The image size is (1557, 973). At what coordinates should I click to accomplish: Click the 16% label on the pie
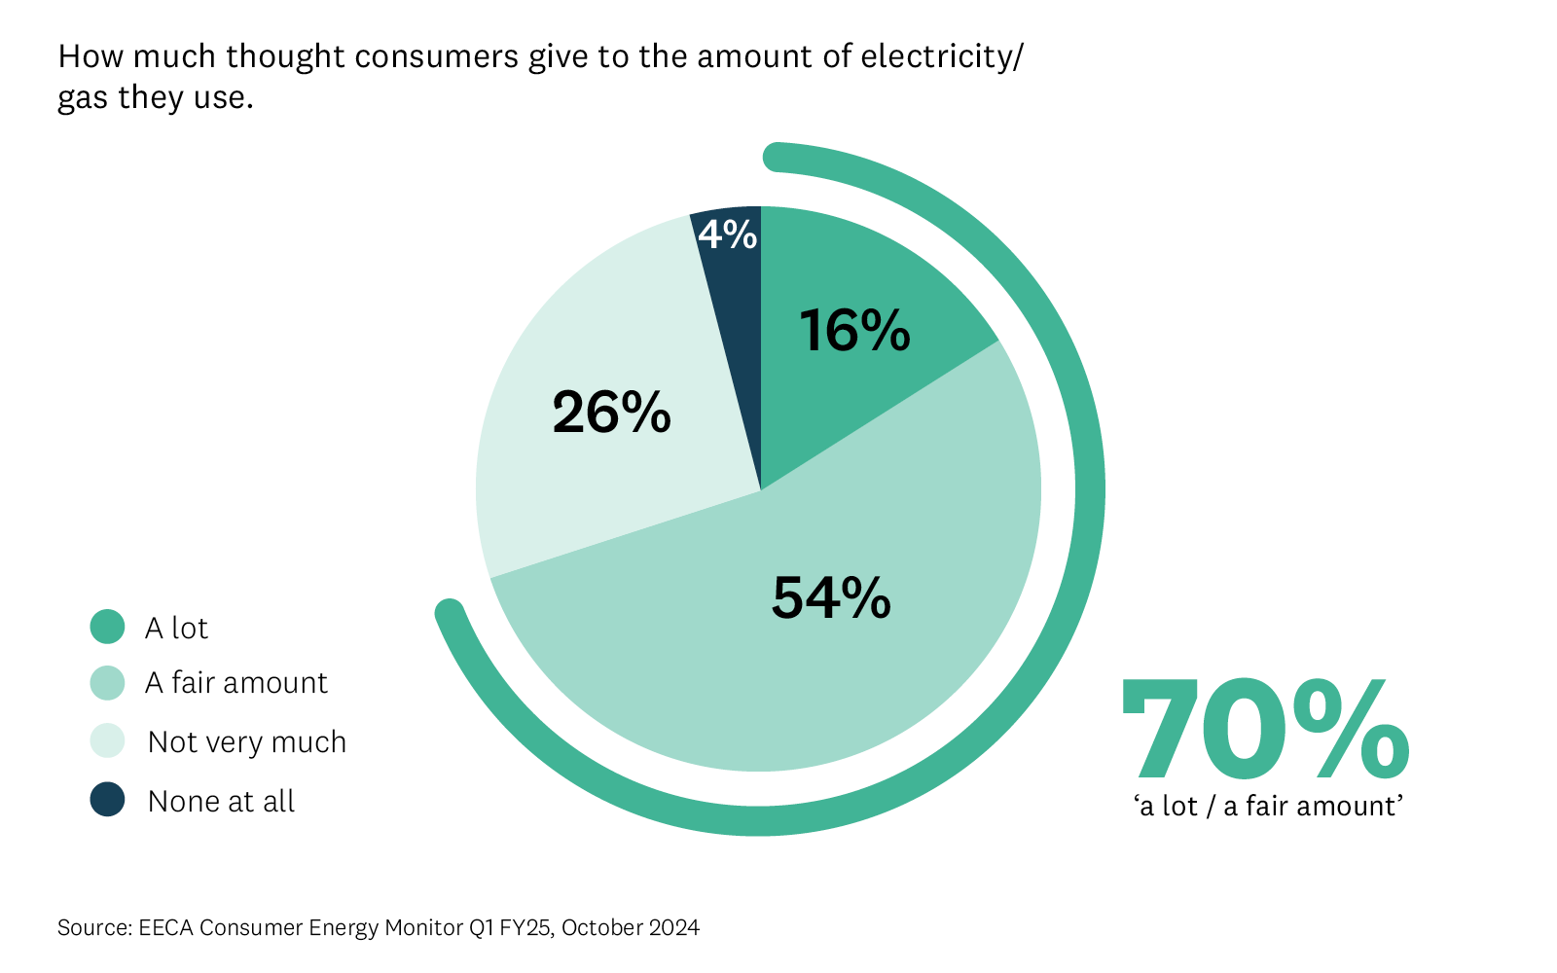click(854, 330)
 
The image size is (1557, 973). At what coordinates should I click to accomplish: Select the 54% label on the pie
click(830, 597)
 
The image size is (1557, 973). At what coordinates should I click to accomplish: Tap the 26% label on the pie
click(611, 413)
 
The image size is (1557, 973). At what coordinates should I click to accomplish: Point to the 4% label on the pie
click(727, 234)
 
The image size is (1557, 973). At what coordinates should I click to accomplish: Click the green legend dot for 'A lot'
click(107, 628)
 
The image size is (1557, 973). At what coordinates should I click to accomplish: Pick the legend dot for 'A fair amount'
click(107, 683)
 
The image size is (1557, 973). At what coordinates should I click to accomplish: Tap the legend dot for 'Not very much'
click(107, 741)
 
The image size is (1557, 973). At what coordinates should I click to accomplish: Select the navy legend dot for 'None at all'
click(107, 800)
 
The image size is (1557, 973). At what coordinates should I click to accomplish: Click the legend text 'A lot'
click(176, 629)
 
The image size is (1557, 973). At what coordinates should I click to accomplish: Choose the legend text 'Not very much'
click(247, 742)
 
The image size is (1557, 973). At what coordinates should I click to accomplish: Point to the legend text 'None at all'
click(221, 802)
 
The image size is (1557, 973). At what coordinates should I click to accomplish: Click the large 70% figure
click(1265, 732)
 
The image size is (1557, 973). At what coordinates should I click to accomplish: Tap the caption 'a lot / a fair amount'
click(1268, 807)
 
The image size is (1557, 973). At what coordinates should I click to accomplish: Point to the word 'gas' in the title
click(83, 99)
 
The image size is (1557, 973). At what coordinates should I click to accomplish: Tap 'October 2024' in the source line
click(631, 927)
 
